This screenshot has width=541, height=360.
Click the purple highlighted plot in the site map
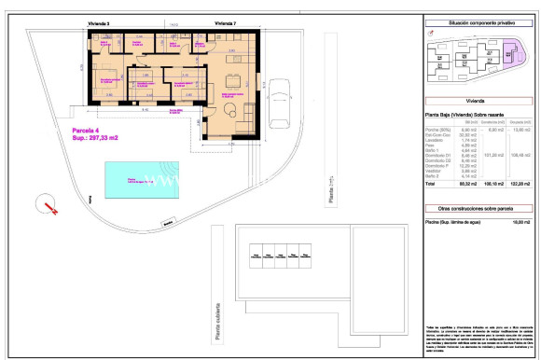pos(512,62)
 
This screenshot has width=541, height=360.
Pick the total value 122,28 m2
pos(520,185)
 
